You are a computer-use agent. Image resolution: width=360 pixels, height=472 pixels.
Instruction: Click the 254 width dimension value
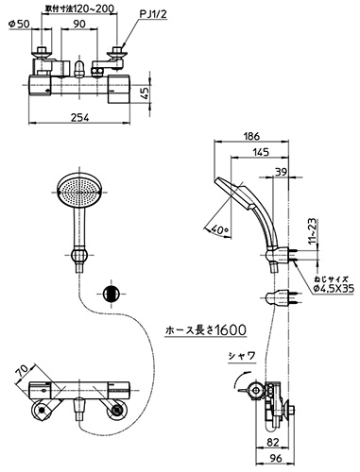(x=80, y=117)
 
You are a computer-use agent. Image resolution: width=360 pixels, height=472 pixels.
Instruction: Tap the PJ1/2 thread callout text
(x=153, y=14)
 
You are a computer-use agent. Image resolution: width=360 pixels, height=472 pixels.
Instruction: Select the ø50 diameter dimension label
(x=20, y=24)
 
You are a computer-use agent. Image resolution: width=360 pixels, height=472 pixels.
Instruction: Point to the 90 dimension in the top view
(x=78, y=24)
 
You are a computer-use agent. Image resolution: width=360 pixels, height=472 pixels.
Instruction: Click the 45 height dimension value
(x=144, y=93)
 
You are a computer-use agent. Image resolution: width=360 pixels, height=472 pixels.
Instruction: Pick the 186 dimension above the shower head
(x=251, y=136)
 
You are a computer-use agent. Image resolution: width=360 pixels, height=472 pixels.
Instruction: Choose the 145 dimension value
(x=260, y=152)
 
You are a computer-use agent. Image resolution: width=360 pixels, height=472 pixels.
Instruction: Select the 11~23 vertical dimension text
(x=313, y=231)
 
